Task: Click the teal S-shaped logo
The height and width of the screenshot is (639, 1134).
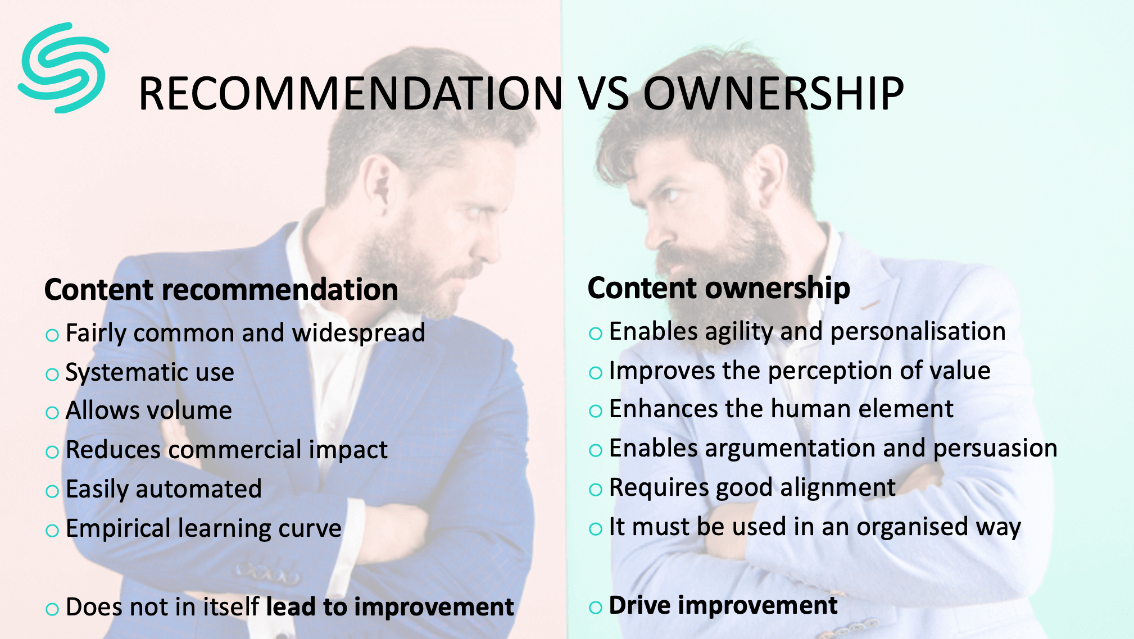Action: [x=63, y=67]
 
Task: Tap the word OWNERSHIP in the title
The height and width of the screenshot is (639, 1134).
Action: [x=773, y=93]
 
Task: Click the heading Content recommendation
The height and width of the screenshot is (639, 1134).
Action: [x=221, y=290]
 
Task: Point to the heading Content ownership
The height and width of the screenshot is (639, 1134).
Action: [x=719, y=289]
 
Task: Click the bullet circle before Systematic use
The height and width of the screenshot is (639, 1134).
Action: [x=52, y=375]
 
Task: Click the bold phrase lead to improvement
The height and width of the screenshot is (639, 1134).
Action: [x=390, y=607]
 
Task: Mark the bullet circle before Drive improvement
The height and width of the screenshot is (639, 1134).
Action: [x=596, y=608]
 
